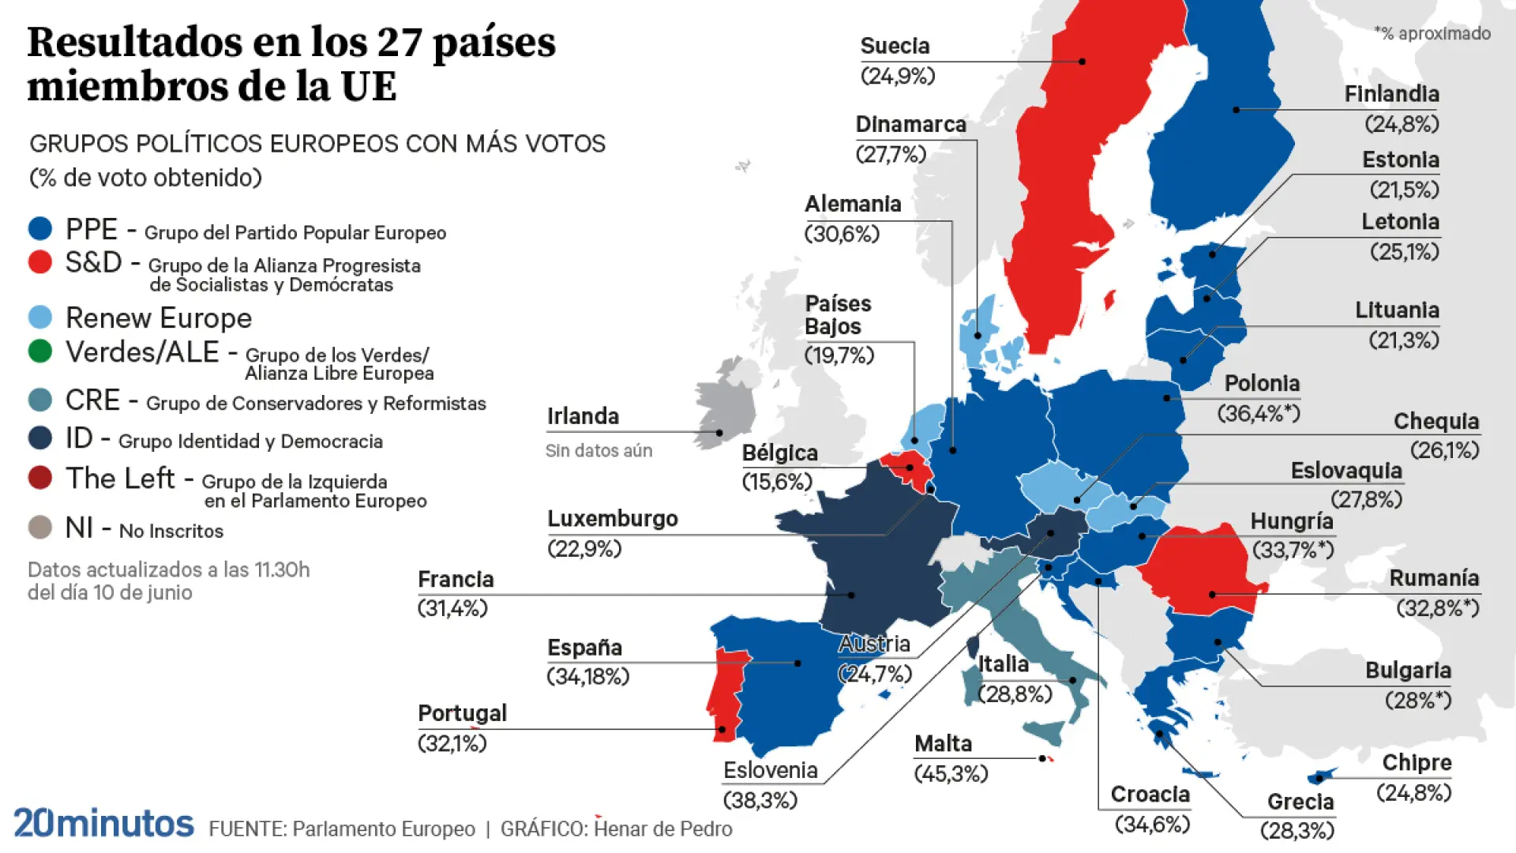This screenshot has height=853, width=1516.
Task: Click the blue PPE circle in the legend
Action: [39, 229]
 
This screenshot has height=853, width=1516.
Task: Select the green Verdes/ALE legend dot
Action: [39, 351]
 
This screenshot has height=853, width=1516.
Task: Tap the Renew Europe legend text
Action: [158, 318]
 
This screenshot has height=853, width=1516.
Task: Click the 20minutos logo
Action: [103, 823]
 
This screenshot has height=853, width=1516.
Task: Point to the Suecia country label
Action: [895, 46]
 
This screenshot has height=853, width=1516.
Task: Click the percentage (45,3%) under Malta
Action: [951, 773]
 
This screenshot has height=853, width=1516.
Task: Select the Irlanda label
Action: [583, 416]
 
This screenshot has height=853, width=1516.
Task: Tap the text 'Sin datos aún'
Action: [599, 450]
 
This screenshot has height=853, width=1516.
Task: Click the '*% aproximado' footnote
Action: [1432, 33]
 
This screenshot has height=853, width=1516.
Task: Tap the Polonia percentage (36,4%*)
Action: [1258, 413]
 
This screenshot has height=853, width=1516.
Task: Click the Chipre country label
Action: [1417, 762]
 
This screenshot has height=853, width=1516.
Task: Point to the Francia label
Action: [456, 579]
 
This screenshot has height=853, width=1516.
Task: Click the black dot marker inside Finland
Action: [1236, 110]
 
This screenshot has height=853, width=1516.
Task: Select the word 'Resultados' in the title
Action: [133, 43]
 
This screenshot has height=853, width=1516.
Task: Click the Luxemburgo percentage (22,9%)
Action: [584, 548]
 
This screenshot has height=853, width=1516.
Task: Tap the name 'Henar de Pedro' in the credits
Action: [662, 829]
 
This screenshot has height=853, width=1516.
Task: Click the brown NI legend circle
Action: [39, 527]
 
